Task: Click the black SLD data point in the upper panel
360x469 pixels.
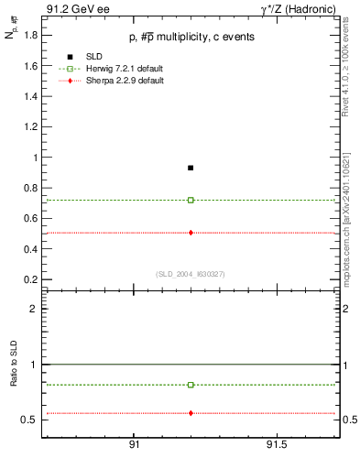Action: click(x=191, y=168)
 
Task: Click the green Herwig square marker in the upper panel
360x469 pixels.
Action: click(x=191, y=200)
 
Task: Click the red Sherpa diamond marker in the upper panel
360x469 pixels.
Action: click(x=191, y=233)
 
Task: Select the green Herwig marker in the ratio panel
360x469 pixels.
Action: click(x=191, y=385)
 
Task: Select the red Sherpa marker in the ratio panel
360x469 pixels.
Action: click(x=191, y=413)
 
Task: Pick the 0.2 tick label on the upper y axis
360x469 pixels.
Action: click(x=30, y=278)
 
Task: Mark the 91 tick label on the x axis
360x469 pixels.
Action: click(x=134, y=444)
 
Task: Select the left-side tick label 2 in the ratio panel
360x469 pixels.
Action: click(x=34, y=309)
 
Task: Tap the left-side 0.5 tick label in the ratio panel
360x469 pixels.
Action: click(x=30, y=420)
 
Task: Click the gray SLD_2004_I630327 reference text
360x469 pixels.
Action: click(x=190, y=273)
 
